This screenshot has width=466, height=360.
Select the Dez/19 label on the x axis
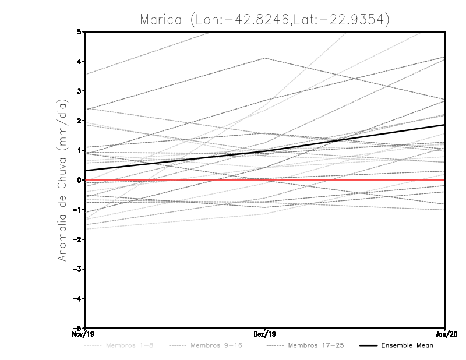(265, 334)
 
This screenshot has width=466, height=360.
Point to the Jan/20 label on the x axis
(444, 334)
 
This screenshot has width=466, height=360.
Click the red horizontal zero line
(349, 180)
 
